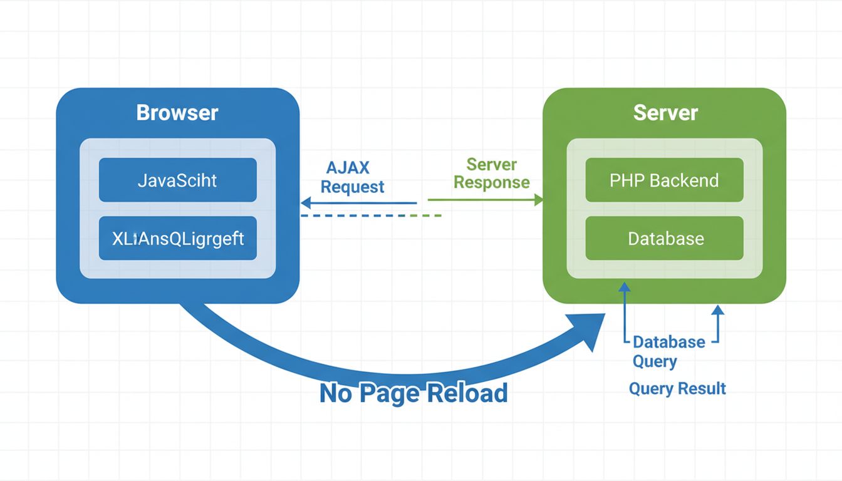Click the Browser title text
pyautogui.click(x=177, y=113)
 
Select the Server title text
pyautogui.click(x=665, y=113)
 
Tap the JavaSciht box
pyautogui.click(x=177, y=180)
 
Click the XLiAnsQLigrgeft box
pyautogui.click(x=177, y=238)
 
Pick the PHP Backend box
pyautogui.click(x=664, y=180)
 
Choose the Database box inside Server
pyautogui.click(x=664, y=238)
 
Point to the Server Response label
pyautogui.click(x=492, y=173)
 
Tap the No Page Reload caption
pyautogui.click(x=413, y=393)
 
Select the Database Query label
pyautogui.click(x=668, y=351)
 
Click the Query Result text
pyautogui.click(x=677, y=389)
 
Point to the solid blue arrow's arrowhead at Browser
pyautogui.click(x=306, y=203)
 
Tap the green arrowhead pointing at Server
pyautogui.click(x=538, y=200)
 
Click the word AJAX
pyautogui.click(x=348, y=168)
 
